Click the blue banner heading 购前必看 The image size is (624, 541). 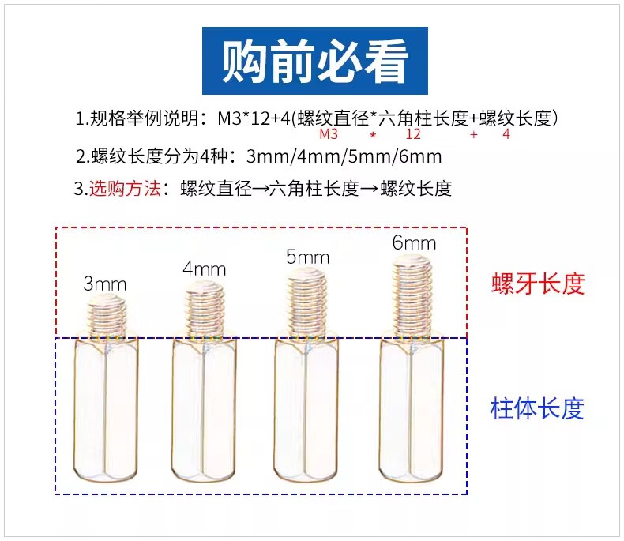click(x=315, y=60)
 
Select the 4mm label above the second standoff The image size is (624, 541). click(x=204, y=269)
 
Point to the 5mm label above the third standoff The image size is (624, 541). click(x=307, y=257)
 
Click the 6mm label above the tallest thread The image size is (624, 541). click(x=414, y=242)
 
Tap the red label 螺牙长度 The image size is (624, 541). click(x=537, y=284)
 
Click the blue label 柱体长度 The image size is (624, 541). click(x=537, y=408)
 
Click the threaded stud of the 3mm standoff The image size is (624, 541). click(x=106, y=314)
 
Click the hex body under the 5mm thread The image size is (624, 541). click(x=307, y=411)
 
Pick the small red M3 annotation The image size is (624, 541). click(x=328, y=135)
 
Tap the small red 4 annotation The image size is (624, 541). click(x=506, y=135)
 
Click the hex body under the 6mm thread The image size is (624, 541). click(x=412, y=411)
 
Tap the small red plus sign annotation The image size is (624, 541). click(x=473, y=135)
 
